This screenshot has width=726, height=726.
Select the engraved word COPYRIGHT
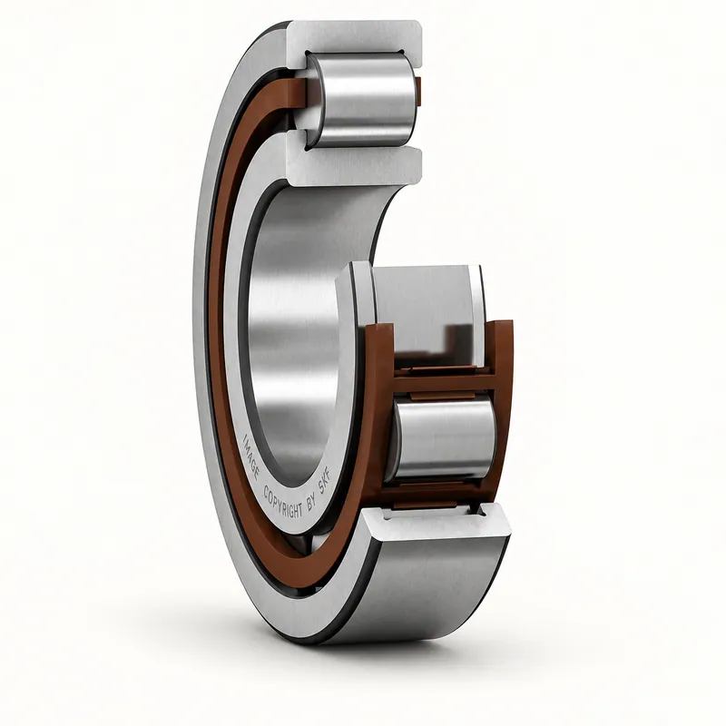282,503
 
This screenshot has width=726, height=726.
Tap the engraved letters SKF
326,486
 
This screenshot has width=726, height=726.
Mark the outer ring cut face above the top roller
354,43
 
